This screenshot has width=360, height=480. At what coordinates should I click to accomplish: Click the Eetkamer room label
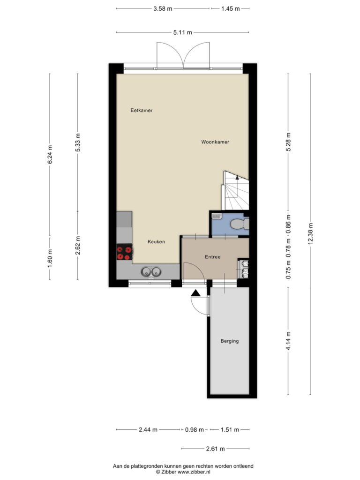(142, 110)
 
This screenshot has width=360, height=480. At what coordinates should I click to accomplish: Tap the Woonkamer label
(215, 142)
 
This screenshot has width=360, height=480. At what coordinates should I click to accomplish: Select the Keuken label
(156, 241)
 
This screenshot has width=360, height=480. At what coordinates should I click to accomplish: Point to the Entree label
(213, 257)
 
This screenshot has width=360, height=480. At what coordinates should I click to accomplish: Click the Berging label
(230, 341)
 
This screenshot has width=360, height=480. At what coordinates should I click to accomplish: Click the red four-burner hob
(124, 253)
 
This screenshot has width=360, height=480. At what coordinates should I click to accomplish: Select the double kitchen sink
(151, 271)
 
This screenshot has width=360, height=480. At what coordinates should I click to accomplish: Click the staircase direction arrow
(237, 177)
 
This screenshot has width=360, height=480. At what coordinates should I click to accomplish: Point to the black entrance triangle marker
(195, 293)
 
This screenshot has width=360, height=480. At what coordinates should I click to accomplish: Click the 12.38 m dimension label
(310, 233)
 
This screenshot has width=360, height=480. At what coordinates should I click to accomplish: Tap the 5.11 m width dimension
(183, 32)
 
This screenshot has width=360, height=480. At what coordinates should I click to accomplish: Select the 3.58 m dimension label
(163, 8)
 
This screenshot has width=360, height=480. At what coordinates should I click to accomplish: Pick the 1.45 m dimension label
(231, 8)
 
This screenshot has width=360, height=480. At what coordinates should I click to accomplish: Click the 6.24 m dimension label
(50, 154)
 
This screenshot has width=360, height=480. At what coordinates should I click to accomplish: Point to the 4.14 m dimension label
(288, 342)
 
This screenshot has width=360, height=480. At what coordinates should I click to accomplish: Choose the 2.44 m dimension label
(148, 429)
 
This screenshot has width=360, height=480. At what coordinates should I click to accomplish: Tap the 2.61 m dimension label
(216, 449)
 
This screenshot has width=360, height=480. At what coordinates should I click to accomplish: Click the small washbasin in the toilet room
(217, 216)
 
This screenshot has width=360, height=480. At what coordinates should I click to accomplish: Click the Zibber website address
(194, 472)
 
